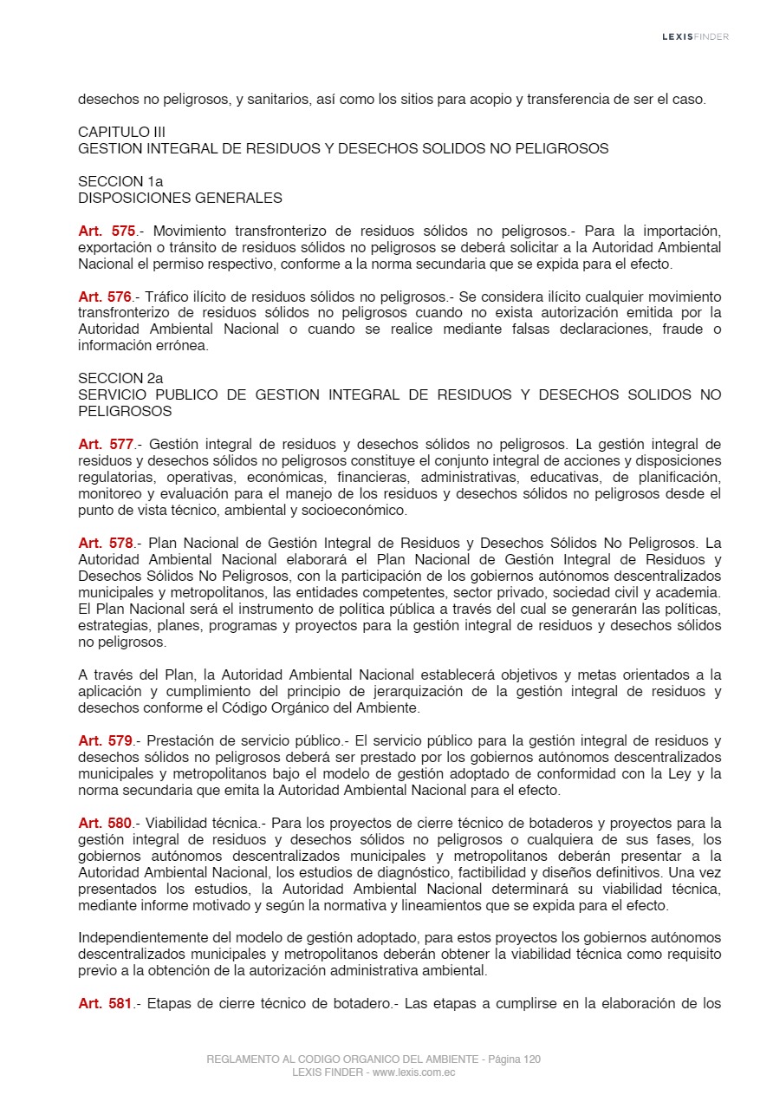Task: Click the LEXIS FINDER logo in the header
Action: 695,36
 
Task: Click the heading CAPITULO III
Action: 121,132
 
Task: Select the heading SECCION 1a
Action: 120,181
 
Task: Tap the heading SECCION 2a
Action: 120,378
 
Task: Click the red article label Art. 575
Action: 107,231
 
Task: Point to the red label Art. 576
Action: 107,297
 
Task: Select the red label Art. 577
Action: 107,445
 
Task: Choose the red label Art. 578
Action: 107,544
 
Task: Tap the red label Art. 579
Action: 107,740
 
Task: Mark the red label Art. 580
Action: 107,823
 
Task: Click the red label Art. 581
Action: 107,1004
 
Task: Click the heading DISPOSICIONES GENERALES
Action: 180,198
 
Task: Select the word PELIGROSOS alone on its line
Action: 125,411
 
